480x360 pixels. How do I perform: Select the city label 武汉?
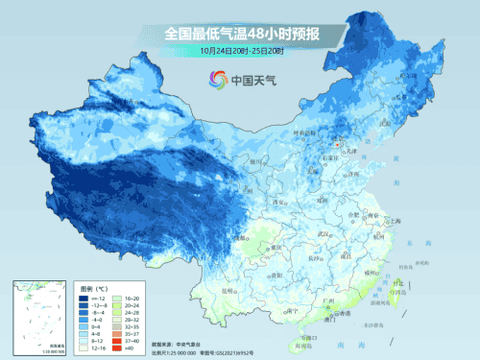[333, 233]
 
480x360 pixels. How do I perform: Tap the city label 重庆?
[276, 247]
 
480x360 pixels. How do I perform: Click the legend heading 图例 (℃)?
[93, 288]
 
